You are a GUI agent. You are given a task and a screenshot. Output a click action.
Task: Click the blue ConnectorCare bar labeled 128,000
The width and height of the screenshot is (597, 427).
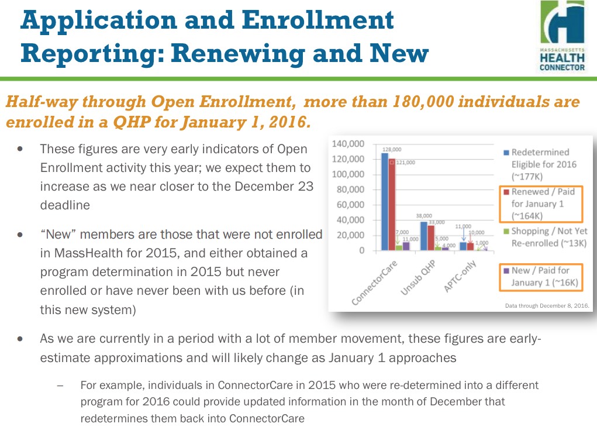[x=384, y=202]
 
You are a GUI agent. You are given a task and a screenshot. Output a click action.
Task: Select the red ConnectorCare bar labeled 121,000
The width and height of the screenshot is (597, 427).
[x=392, y=205]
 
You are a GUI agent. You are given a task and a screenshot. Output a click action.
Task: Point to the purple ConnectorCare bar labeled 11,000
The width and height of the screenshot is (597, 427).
[x=406, y=246]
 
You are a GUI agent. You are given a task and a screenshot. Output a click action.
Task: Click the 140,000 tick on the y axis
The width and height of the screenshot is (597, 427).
[x=348, y=144]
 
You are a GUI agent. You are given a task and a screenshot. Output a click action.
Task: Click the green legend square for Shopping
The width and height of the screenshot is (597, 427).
[x=506, y=232]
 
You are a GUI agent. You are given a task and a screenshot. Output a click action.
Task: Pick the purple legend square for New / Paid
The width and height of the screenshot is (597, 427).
[x=506, y=271]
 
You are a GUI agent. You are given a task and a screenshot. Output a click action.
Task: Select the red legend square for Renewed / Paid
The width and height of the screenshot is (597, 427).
[x=506, y=192]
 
